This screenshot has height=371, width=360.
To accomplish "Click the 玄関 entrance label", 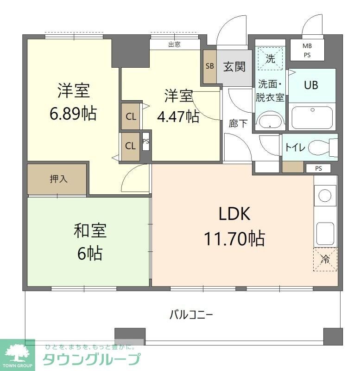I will pos(234,66).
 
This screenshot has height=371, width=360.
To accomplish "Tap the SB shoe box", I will pos(209,66).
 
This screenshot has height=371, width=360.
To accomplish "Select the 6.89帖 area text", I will pos(73,113).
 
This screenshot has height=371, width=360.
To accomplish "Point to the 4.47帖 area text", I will pos(178,116).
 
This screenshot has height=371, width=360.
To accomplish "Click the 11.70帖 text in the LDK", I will pos(234,238).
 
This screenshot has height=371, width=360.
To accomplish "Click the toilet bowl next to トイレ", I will pos(319,147).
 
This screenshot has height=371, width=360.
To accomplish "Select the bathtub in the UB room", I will pos(312,118).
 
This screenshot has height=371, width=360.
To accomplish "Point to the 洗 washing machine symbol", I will pos(270,59).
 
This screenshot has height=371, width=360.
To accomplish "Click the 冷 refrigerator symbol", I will pos(325,259).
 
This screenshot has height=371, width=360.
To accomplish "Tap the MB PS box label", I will pos(307,50).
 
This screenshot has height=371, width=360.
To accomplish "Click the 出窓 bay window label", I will pos(174,45).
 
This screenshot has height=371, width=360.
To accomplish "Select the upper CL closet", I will pos(131,116).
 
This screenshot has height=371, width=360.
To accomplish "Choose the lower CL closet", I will pos(130,146).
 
